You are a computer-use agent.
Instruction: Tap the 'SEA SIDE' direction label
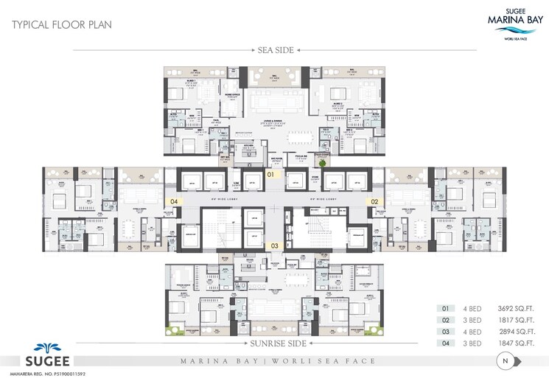(x=276, y=50)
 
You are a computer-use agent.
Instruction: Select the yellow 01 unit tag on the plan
(x=270, y=175)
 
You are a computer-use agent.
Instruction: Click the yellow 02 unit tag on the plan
(x=374, y=200)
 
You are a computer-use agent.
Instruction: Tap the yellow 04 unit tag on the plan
(x=175, y=200)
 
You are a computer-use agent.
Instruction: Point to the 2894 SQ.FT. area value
(x=515, y=332)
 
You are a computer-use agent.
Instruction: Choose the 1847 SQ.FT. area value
(x=515, y=343)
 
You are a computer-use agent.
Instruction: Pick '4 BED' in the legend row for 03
(x=472, y=332)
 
